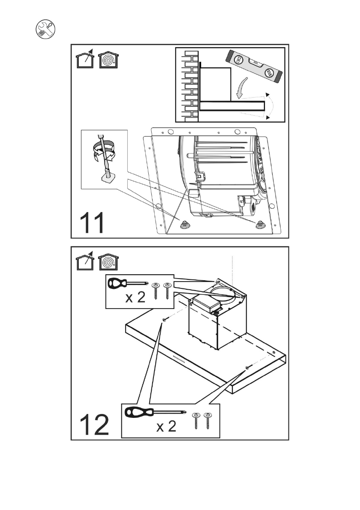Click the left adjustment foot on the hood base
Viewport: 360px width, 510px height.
(186, 224)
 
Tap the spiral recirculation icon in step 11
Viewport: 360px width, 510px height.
(108, 60)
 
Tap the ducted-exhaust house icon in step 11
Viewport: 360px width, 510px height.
(85, 60)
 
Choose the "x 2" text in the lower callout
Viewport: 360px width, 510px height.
(166, 427)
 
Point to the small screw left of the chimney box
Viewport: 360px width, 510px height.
(165, 320)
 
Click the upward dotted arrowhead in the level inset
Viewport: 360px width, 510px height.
(267, 94)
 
